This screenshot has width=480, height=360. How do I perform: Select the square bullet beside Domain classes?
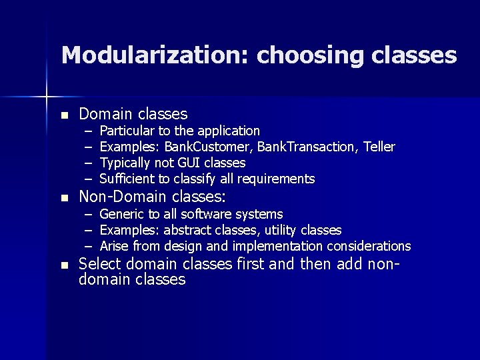tap(64, 115)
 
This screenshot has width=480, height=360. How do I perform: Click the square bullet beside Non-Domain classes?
tap(64, 198)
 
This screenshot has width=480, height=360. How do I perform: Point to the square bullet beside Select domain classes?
tap(64, 265)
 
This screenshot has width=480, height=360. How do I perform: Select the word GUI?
tap(189, 163)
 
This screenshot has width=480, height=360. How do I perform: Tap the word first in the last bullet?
tap(251, 264)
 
